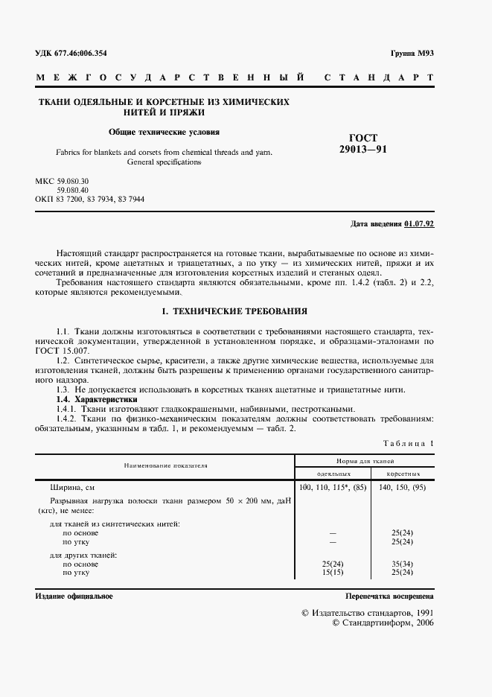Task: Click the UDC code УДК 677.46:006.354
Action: (71, 54)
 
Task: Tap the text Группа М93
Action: (411, 54)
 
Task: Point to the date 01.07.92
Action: (421, 223)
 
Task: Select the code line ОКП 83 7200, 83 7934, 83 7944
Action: (90, 200)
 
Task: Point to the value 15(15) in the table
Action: (333, 572)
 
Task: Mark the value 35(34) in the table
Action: (402, 564)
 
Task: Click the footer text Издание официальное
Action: (74, 596)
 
